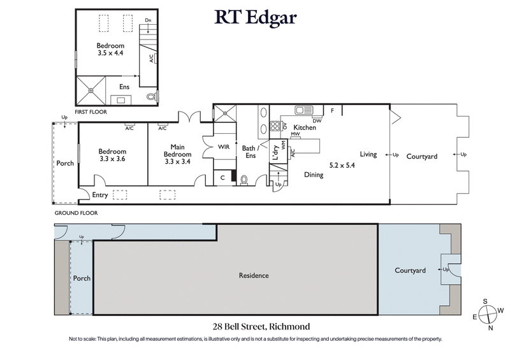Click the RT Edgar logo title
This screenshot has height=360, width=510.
tap(255, 17)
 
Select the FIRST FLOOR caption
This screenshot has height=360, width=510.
tap(90, 112)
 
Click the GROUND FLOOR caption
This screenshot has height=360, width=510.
tap(76, 213)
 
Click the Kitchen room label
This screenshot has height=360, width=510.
tap(304, 128)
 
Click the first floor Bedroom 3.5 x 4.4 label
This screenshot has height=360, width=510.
tap(111, 50)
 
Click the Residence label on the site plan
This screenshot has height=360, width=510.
tap(254, 276)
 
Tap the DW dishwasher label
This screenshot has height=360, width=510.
tap(316, 120)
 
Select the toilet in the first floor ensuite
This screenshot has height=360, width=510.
tap(151, 97)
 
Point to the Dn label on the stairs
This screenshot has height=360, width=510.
tap(148, 21)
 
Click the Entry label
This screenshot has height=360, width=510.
tap(100, 195)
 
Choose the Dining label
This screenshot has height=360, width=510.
tap(313, 175)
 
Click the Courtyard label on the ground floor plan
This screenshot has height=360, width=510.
tap(422, 155)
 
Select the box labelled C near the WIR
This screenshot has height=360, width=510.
tap(222, 178)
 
